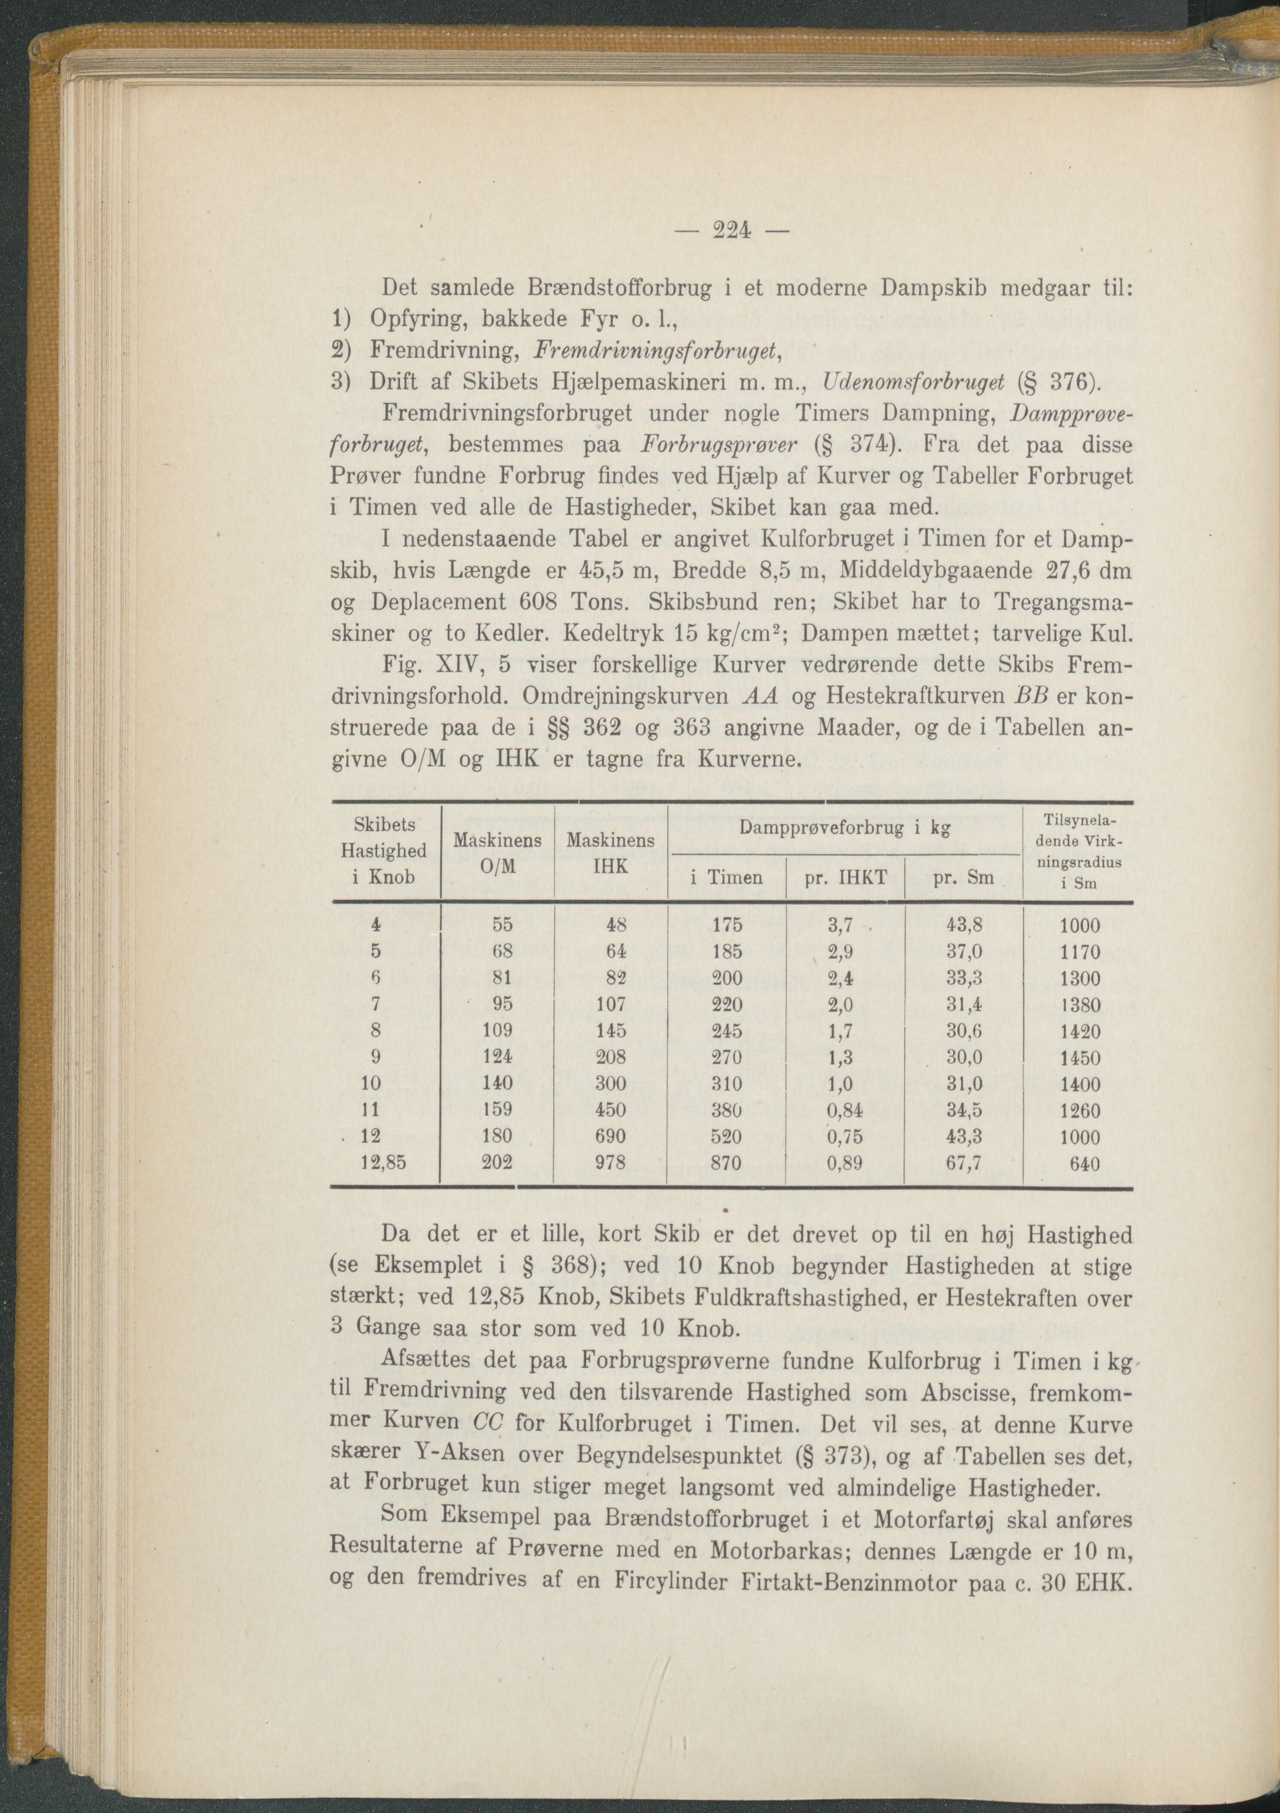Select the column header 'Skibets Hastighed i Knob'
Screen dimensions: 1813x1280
pos(384,851)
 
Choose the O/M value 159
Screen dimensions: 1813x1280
pos(497,1109)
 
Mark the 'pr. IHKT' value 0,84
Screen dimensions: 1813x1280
pos(843,1110)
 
